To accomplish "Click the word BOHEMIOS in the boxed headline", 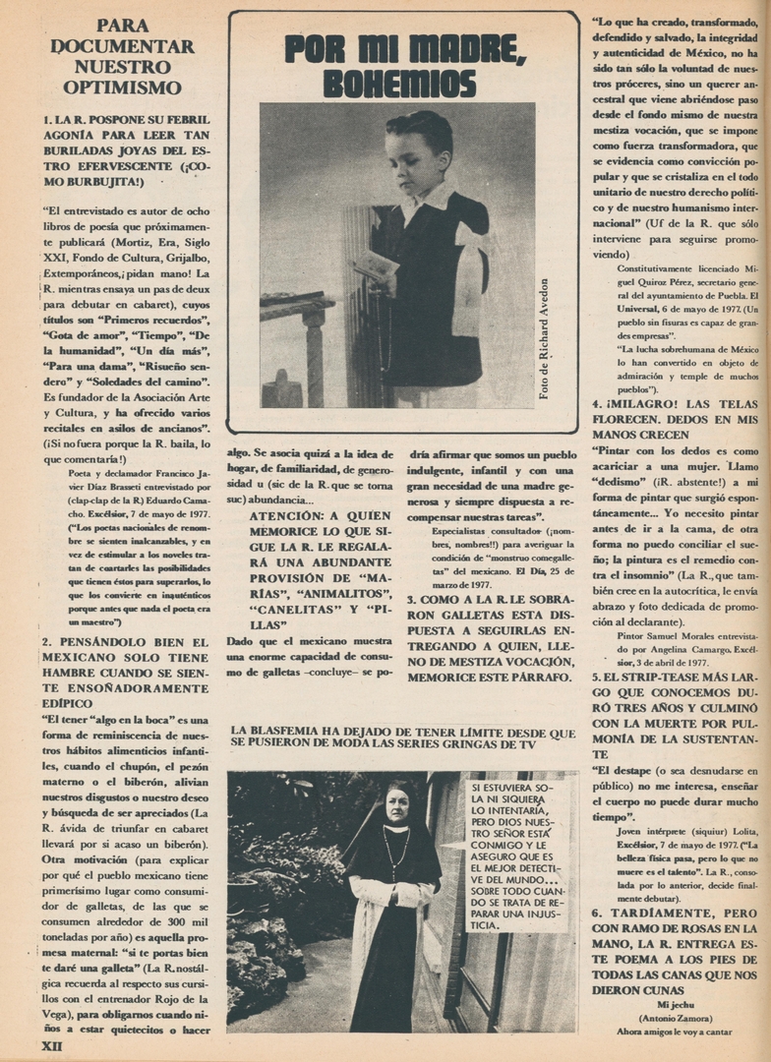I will tap(399, 83).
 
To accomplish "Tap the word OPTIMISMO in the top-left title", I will tap(123, 88).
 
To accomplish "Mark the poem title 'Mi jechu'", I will tap(676, 1005).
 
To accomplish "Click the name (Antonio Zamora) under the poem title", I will tap(676, 1018).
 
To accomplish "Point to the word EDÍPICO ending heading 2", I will tap(72, 703).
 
